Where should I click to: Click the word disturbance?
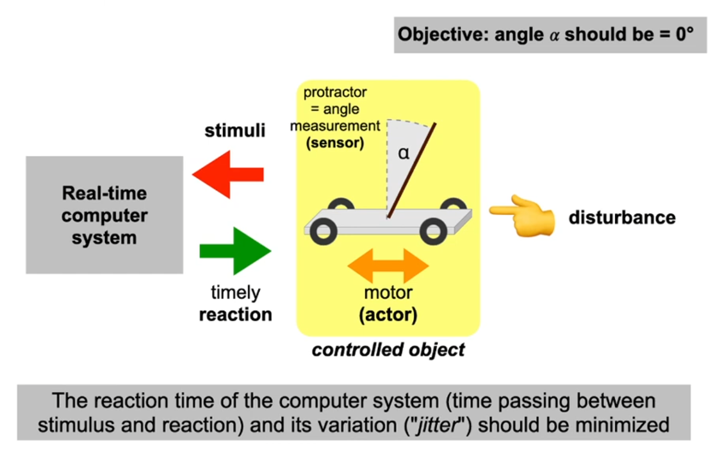622,218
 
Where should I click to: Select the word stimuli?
235,131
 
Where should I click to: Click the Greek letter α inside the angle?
404,153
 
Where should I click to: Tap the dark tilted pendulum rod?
412,170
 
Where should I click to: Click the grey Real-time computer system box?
104,215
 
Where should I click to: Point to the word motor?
388,293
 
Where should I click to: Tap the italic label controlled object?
388,349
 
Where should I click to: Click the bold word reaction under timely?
236,315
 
